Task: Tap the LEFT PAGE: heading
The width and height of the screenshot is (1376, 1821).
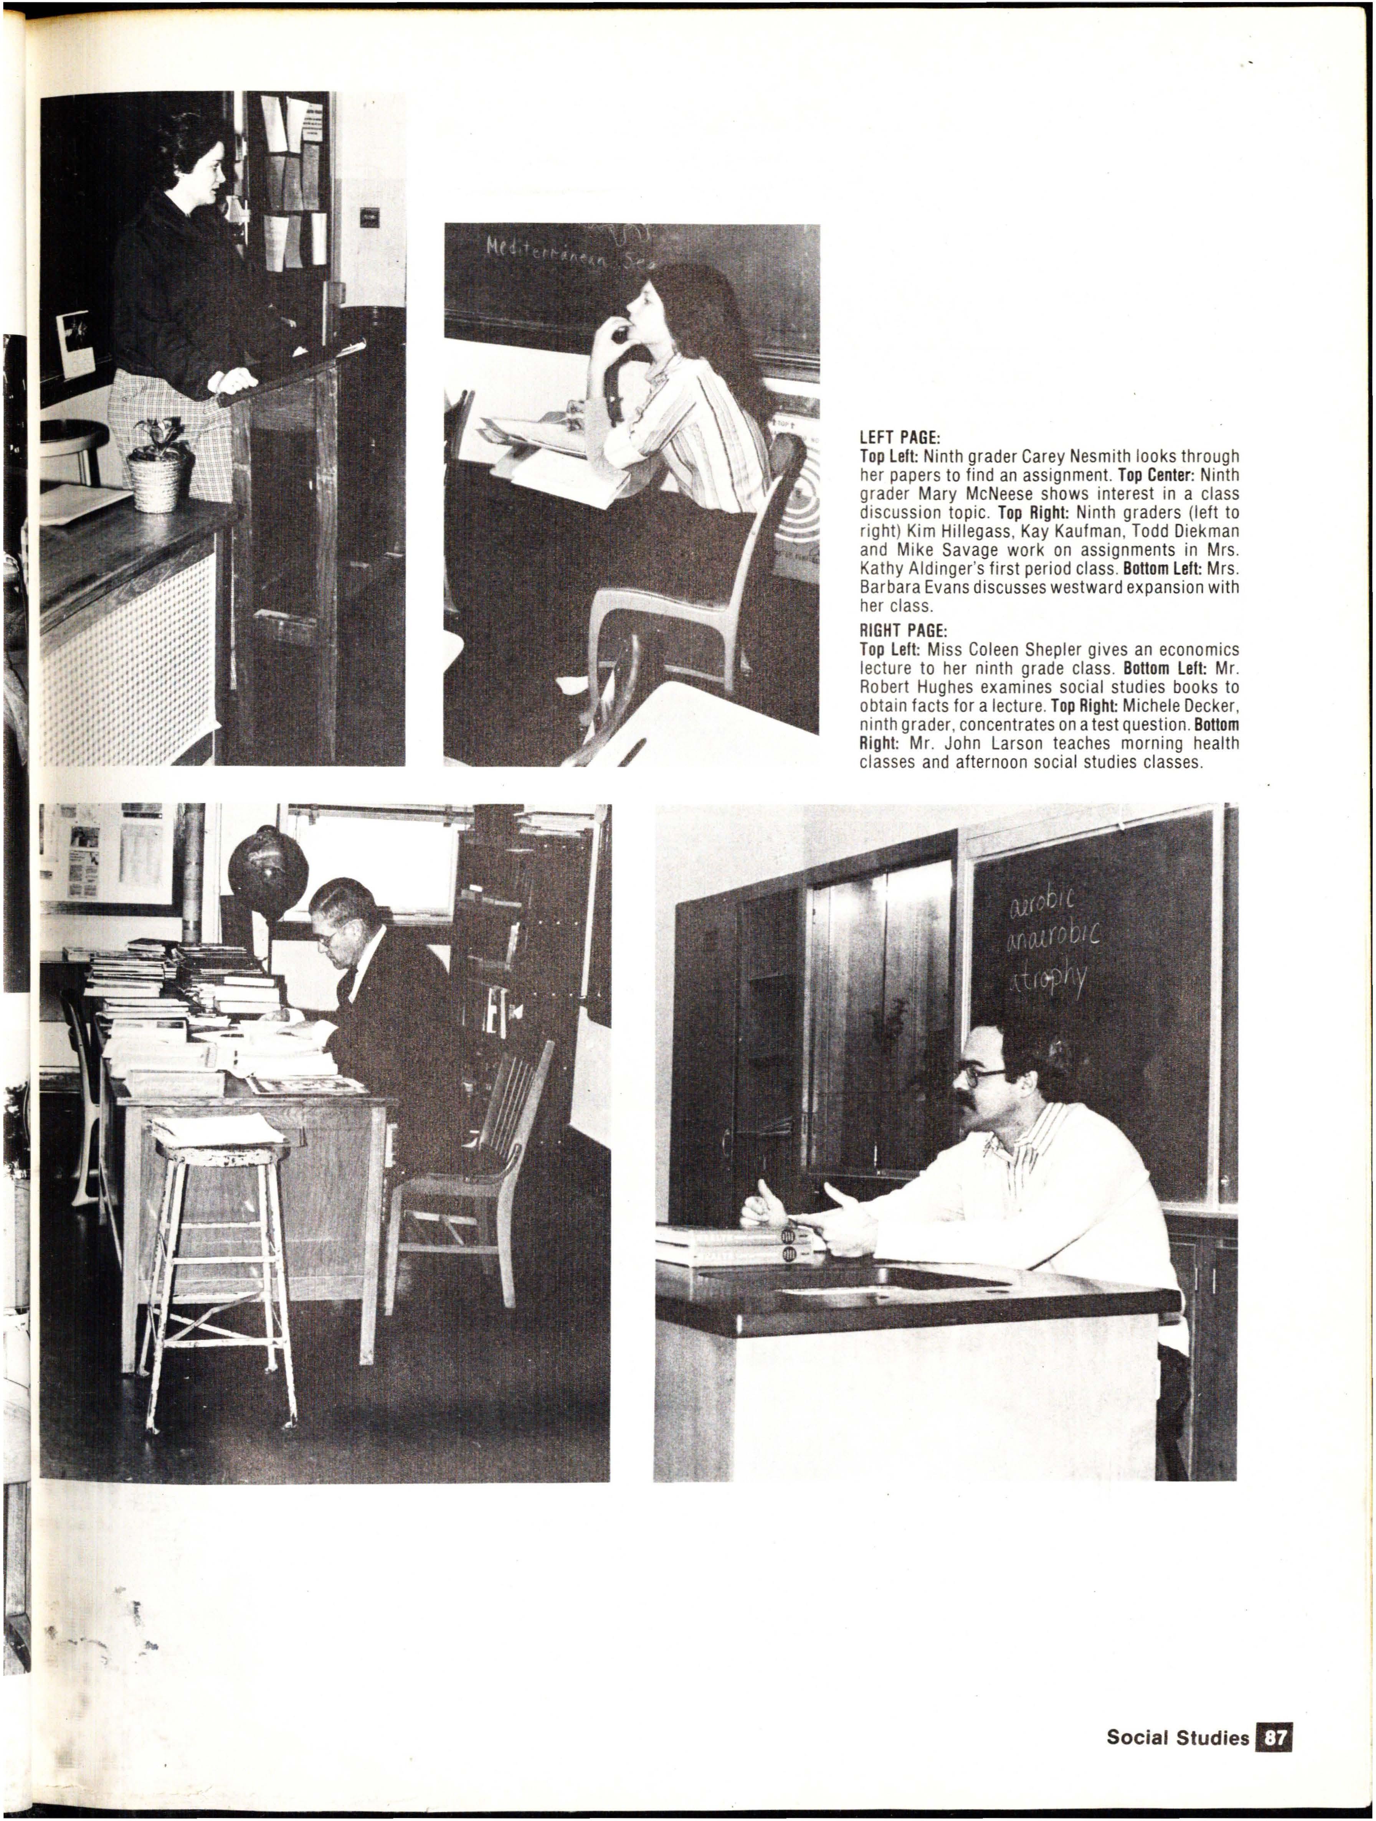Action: (894, 438)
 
